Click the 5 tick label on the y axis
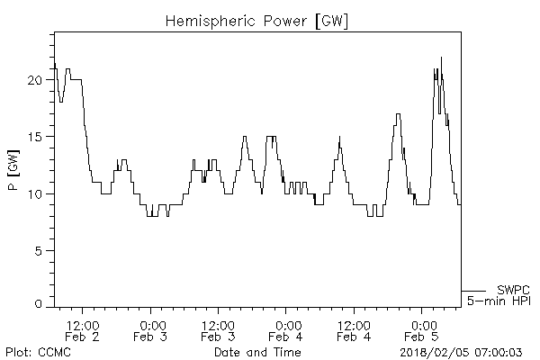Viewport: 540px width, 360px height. click(39, 250)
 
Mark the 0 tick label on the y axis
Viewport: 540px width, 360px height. click(39, 304)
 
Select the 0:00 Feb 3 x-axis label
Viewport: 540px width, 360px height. click(150, 330)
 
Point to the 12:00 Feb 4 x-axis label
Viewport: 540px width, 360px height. click(354, 330)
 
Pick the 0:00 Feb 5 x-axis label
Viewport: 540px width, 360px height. click(421, 330)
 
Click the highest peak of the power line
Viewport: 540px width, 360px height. click(441, 58)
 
